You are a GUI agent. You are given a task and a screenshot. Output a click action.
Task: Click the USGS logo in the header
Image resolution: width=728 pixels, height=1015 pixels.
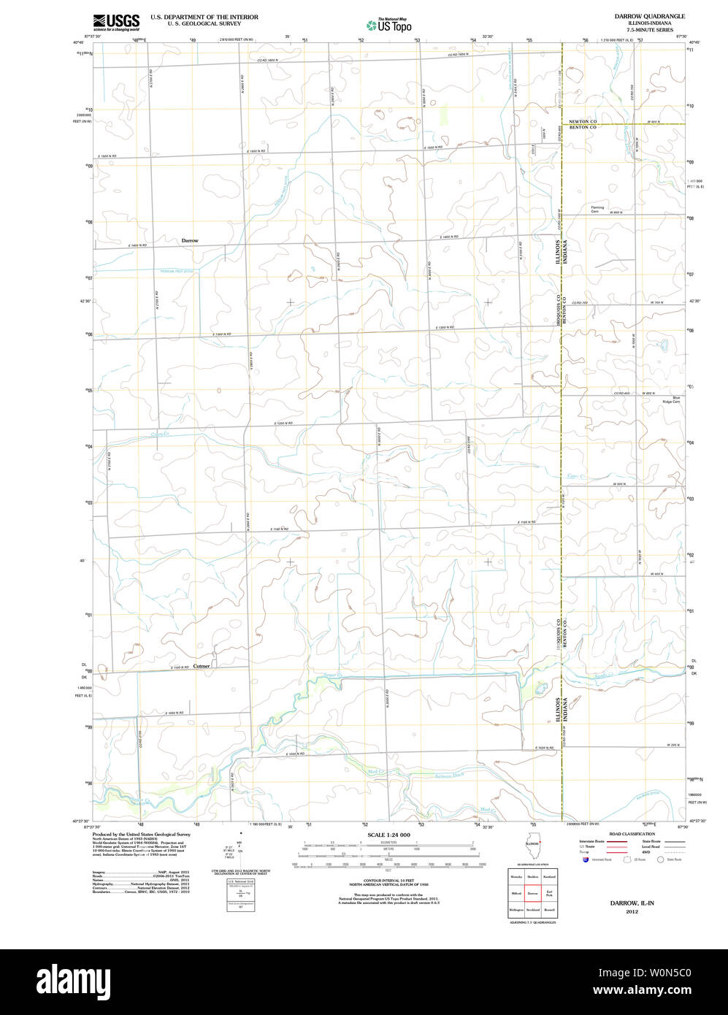tap(116, 22)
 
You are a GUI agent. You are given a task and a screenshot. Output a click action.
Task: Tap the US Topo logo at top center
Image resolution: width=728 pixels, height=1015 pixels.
tap(389, 25)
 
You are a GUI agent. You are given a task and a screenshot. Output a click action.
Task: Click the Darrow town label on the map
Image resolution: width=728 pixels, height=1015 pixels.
tap(190, 240)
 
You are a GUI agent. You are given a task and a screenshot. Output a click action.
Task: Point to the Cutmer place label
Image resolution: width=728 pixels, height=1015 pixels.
tap(202, 666)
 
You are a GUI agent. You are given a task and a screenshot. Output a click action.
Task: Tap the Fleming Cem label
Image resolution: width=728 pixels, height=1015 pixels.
tap(598, 209)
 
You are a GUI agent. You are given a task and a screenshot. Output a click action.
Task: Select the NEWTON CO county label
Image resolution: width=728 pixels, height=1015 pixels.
tap(583, 121)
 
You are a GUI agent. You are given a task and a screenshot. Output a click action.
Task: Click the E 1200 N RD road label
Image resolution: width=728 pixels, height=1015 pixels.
tap(283, 423)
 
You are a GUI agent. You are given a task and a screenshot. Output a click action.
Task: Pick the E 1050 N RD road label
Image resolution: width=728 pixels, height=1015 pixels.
tap(175, 713)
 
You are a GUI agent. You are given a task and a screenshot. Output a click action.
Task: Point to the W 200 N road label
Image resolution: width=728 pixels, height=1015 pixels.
tap(673, 745)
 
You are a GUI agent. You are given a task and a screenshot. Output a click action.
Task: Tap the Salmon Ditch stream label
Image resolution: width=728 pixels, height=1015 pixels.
tap(450, 775)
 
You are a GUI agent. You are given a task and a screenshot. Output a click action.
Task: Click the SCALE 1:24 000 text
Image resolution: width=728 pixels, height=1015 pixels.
tap(388, 835)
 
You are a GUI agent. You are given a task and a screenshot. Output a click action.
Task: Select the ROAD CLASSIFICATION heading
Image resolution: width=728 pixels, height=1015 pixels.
tap(632, 834)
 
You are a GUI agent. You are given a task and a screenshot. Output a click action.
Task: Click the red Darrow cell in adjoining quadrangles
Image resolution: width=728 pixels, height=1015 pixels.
tap(532, 892)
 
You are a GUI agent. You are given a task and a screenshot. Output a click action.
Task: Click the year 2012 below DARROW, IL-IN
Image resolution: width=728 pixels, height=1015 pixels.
tap(632, 911)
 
